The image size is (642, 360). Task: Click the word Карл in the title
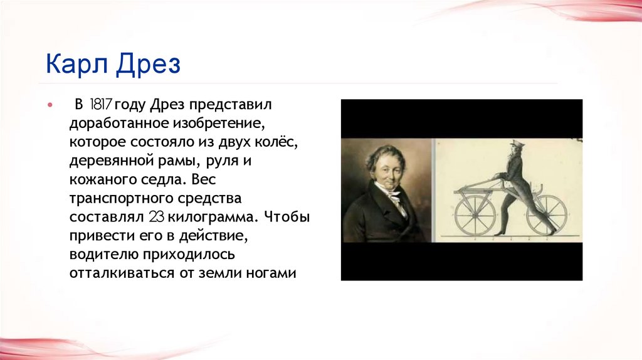(75, 65)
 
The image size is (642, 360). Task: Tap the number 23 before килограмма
(156, 217)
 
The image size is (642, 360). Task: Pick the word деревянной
(108, 160)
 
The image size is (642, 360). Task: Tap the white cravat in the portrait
(395, 199)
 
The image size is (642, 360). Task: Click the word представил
(235, 103)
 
